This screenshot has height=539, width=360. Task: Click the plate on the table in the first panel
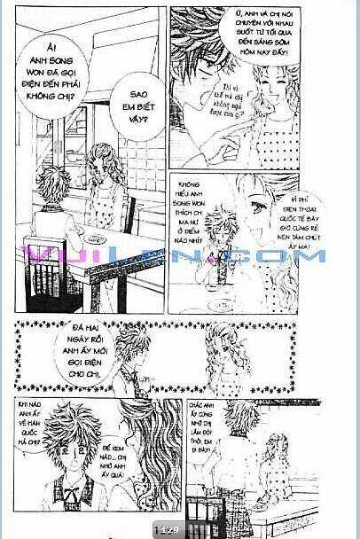click(x=92, y=239)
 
